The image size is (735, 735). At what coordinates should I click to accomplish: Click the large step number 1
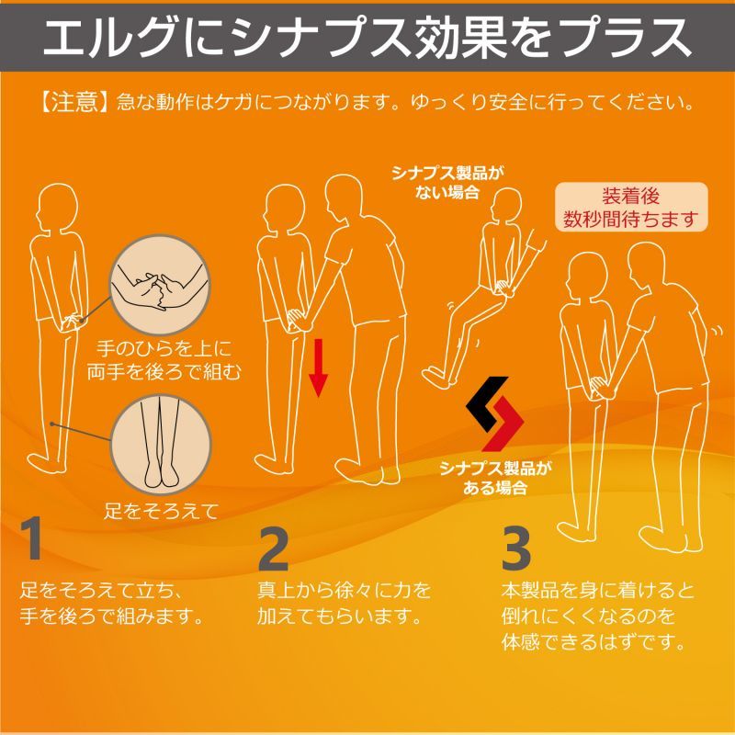(32, 538)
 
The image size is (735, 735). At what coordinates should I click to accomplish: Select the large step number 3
(515, 548)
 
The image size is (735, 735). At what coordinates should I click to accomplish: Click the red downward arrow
(318, 368)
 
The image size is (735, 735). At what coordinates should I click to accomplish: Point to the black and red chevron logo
(494, 413)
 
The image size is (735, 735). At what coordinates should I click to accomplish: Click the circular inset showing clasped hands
(159, 286)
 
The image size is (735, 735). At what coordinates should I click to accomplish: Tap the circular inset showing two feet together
(161, 446)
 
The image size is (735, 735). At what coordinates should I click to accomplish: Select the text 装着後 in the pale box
(630, 197)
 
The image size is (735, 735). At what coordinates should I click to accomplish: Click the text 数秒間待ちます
(630, 219)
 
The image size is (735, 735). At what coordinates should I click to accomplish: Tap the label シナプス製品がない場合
(447, 182)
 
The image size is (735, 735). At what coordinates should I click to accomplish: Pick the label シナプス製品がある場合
(495, 477)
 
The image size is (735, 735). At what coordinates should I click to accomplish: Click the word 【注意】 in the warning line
(74, 102)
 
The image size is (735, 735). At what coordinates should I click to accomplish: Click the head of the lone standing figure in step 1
(58, 206)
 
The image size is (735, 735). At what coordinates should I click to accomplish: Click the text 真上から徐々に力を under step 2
(345, 590)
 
